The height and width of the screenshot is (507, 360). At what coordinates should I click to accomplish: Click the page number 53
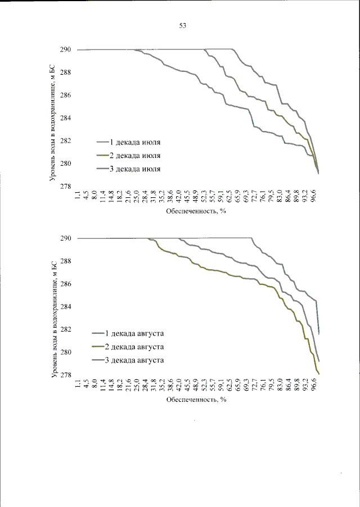[182, 26]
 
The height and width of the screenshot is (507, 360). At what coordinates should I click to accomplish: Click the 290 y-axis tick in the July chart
[66, 50]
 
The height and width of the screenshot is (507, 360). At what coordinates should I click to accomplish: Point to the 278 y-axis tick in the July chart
[66, 187]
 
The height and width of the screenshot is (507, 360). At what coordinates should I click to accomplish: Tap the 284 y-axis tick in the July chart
[66, 119]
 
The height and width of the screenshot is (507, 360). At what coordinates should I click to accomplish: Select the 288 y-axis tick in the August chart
[66, 261]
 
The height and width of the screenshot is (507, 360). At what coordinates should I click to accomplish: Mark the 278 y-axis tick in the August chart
[66, 375]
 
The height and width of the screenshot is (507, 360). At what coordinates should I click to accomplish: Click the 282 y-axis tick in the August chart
[66, 330]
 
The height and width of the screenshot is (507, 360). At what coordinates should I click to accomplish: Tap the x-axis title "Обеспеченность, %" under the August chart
[196, 401]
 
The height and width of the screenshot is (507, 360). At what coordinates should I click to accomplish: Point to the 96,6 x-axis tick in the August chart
[315, 386]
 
